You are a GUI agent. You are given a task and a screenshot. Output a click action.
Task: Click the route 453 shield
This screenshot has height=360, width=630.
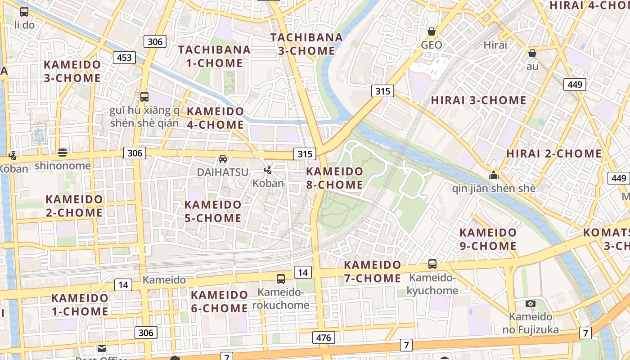(124, 57)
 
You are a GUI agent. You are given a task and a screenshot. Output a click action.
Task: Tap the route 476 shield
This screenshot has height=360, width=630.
(324, 337)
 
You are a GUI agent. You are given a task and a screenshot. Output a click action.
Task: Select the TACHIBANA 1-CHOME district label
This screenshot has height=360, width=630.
(214, 56)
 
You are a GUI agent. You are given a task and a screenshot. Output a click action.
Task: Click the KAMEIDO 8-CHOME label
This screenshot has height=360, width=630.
(334, 178)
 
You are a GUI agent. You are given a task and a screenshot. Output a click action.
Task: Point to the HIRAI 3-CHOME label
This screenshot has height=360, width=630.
(478, 100)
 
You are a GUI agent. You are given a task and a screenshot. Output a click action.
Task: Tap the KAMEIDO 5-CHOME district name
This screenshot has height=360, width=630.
(213, 211)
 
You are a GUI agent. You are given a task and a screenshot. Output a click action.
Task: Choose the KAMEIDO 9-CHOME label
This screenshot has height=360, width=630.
(488, 239)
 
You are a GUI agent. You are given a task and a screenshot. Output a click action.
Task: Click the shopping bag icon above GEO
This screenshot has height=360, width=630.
(432, 31)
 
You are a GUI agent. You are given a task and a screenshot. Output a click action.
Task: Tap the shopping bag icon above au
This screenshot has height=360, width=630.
(532, 53)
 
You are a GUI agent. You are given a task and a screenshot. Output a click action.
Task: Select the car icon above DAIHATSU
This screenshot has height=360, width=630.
(223, 159)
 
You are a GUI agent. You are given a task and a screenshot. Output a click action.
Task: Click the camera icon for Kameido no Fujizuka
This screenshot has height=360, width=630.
(531, 303)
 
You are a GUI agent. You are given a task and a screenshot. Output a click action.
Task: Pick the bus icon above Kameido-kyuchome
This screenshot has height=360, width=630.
(432, 264)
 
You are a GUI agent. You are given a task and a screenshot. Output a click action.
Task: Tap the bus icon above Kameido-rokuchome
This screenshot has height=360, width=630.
(281, 279)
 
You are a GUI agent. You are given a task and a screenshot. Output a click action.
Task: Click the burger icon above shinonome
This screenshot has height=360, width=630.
(63, 153)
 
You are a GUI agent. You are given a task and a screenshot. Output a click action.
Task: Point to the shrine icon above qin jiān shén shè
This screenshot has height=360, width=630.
(494, 175)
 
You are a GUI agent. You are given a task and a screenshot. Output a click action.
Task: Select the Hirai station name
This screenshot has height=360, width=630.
(495, 45)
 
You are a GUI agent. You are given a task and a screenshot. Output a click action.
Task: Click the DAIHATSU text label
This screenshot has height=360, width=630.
(223, 172)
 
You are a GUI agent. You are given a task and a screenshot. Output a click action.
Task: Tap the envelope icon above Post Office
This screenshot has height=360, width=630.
(101, 348)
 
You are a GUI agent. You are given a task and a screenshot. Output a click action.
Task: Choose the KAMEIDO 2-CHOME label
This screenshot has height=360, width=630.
(74, 206)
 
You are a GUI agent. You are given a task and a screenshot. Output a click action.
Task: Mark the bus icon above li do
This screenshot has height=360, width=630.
(24, 12)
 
